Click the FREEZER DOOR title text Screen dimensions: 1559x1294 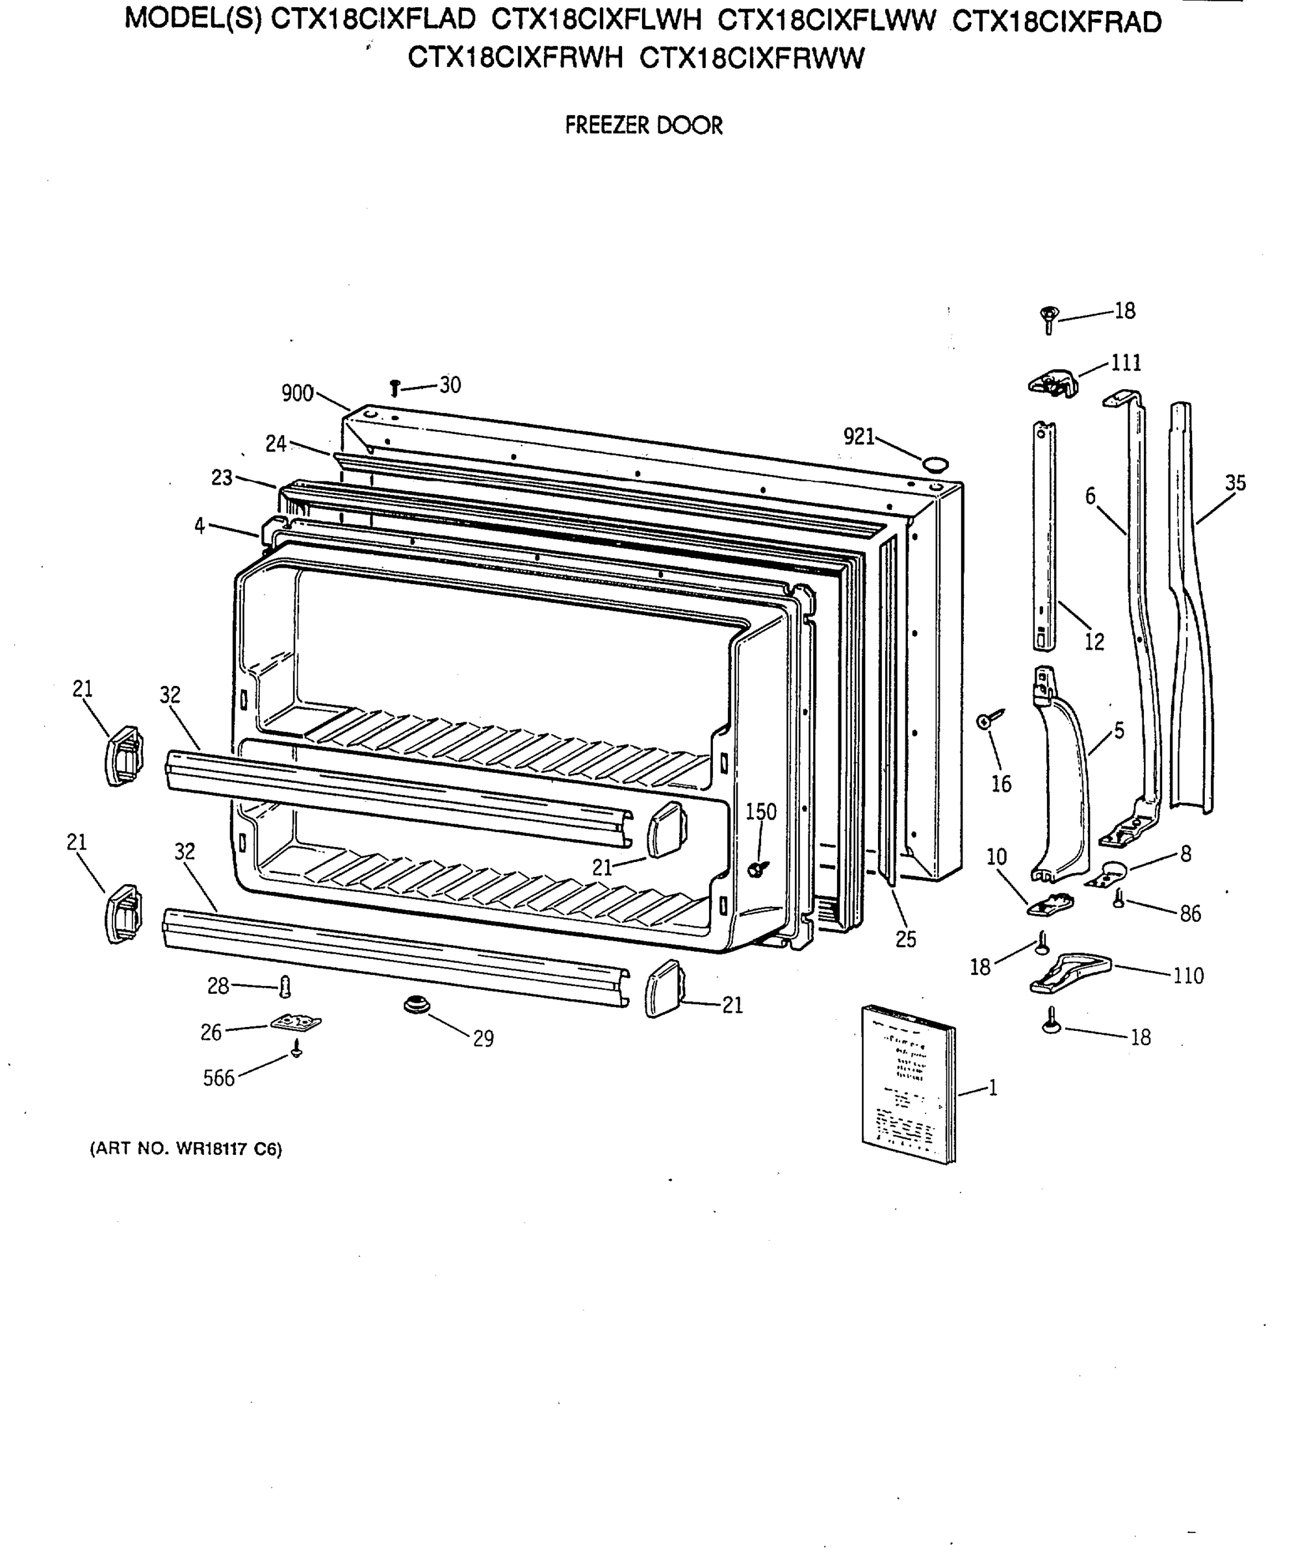[643, 125]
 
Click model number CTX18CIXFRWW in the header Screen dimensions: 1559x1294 [752, 58]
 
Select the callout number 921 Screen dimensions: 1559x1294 [859, 437]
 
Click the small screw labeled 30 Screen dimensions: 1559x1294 [395, 388]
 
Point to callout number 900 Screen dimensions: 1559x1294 [297, 393]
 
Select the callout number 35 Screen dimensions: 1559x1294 [1235, 483]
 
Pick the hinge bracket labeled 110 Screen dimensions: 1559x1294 [1070, 972]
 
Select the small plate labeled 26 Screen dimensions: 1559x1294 [296, 1023]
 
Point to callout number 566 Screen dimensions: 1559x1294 [218, 1078]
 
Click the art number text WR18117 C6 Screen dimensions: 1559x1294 [186, 1149]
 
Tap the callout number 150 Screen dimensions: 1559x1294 [760, 811]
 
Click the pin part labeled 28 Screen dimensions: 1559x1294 [285, 987]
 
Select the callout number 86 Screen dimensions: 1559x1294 [1190, 914]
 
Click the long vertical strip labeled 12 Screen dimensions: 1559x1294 [1044, 535]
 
